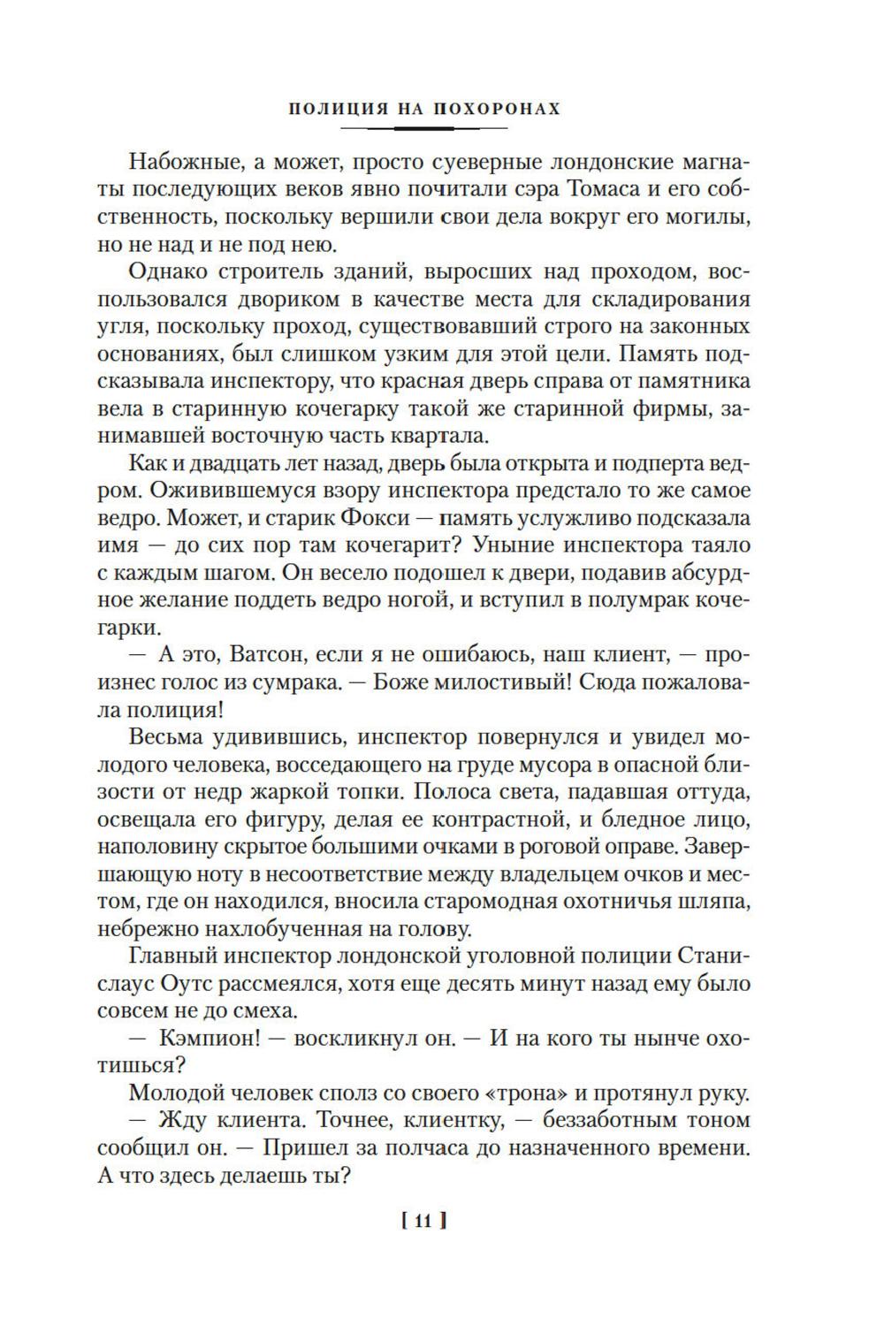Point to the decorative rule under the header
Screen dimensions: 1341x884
[x=424, y=129]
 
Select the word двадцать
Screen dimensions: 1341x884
[x=223, y=463]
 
